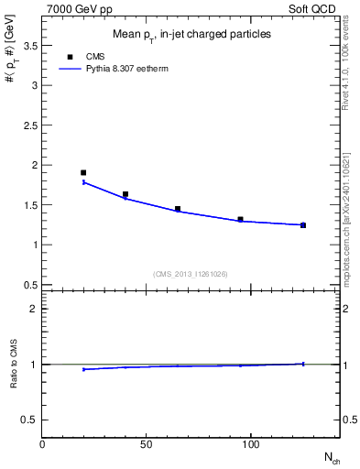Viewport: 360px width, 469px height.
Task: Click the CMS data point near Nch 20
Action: click(x=83, y=172)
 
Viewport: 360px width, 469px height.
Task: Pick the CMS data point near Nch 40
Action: click(x=125, y=194)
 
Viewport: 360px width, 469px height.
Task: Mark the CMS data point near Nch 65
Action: click(x=178, y=209)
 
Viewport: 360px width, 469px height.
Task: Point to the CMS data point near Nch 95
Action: click(x=240, y=220)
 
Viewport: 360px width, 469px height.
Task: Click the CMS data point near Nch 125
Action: click(x=303, y=224)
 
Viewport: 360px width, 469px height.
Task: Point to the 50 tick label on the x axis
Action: click(x=147, y=443)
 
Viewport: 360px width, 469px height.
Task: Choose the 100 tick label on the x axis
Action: click(x=250, y=443)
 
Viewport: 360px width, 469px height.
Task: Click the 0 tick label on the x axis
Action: click(x=42, y=443)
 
